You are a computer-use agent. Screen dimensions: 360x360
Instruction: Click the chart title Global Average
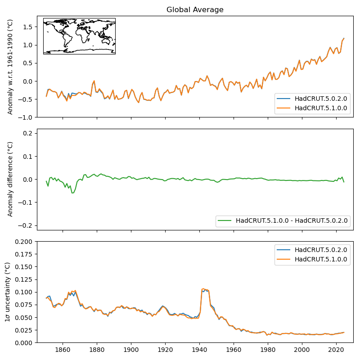tap(195, 9)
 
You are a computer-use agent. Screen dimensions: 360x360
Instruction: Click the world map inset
tap(79, 36)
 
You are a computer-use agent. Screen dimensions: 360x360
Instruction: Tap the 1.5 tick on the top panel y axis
tap(27, 27)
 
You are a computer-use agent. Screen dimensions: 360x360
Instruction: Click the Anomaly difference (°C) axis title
tap(10, 179)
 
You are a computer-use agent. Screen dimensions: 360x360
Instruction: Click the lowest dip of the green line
tap(72, 193)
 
